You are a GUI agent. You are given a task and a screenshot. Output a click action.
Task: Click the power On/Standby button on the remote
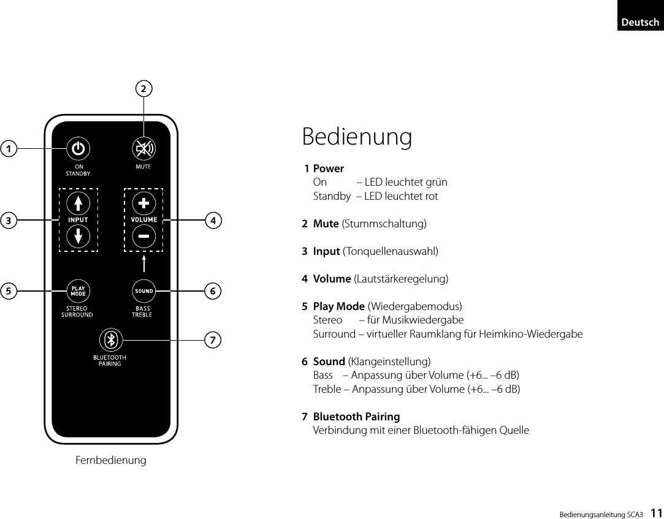point(78,149)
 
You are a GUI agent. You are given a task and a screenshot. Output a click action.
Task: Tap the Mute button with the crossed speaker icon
point(143,149)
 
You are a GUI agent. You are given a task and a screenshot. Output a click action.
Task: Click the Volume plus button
point(143,203)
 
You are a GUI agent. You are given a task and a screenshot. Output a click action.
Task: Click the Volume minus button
point(143,235)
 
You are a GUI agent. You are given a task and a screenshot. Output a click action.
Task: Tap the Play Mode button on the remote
point(78,290)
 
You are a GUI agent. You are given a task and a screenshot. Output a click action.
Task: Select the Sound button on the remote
point(143,290)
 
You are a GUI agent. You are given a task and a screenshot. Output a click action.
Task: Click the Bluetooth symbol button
point(111,339)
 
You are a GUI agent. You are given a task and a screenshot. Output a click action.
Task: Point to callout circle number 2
point(143,89)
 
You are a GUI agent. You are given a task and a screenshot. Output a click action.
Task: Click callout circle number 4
point(213,219)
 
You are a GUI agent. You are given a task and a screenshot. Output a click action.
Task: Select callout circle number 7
point(213,339)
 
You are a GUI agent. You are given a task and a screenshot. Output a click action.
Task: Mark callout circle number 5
point(9,290)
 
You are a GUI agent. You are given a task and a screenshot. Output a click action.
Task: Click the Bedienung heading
point(357,137)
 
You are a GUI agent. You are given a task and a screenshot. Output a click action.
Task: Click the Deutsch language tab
point(639,22)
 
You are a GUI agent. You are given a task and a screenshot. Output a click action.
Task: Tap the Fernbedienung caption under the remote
point(111,460)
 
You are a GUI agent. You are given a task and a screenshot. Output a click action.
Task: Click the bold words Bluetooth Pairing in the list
point(356,417)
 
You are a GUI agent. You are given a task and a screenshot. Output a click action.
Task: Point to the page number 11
point(655,512)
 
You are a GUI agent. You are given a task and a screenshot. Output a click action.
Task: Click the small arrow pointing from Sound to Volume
point(143,264)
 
